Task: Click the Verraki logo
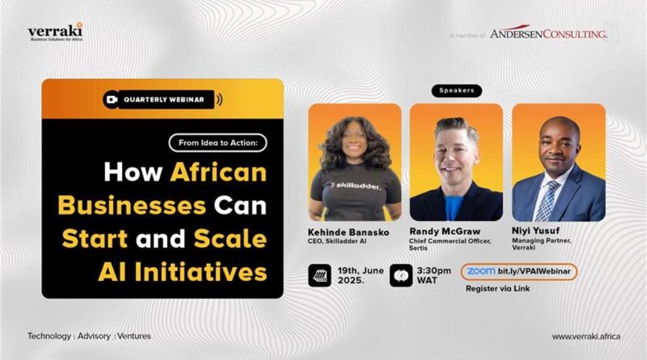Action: pos(56,32)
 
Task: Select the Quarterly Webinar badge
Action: pos(163,99)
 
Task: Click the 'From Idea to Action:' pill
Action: pos(218,143)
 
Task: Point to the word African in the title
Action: pos(218,172)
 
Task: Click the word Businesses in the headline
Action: pos(132,205)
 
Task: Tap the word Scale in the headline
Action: pos(230,239)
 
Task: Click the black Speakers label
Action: pos(457,91)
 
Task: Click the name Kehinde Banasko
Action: pos(348,232)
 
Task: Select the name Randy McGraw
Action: pos(445,231)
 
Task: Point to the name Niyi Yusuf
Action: pos(536,231)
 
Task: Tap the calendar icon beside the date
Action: pos(319,275)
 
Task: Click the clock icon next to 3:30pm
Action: pos(401,275)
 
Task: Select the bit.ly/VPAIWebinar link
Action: pos(534,272)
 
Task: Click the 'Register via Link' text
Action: pos(498,289)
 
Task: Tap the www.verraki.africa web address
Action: pos(586,337)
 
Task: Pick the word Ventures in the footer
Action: pos(134,336)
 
